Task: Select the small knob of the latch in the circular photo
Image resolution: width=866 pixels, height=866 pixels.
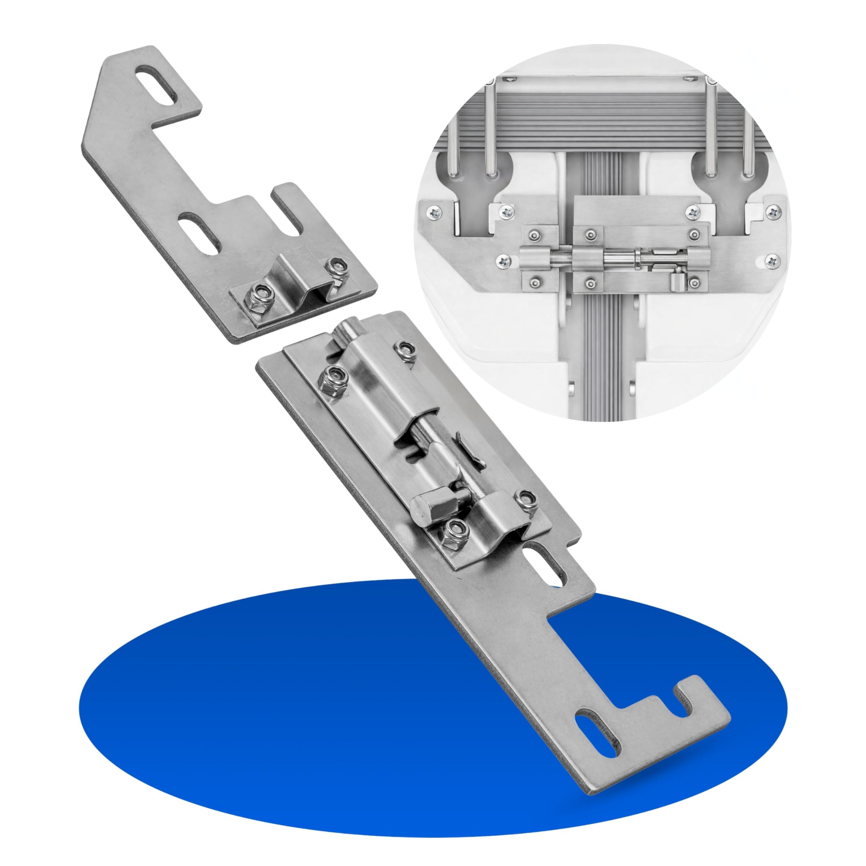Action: [x=675, y=283]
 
